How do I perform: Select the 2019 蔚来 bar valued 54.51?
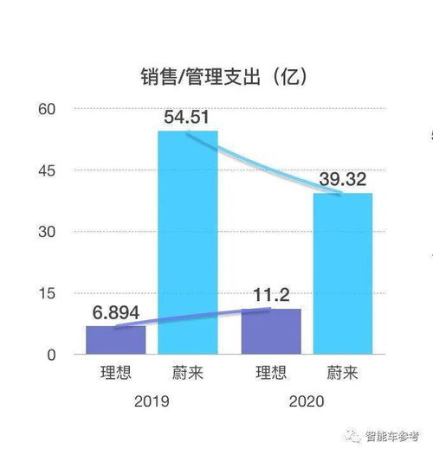coord(188,242)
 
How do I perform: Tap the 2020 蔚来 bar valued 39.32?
coord(343,272)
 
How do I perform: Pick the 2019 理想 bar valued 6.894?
coord(116,340)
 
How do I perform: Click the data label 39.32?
coord(343,179)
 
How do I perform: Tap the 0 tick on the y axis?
coord(51,355)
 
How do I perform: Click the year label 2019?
coord(152,401)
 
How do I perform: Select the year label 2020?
coord(307,401)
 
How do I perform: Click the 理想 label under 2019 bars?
coord(116,374)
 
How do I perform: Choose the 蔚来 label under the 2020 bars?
coord(343,374)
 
